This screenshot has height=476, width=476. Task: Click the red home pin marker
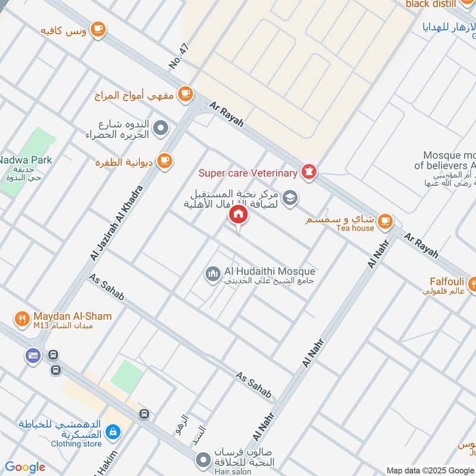[239, 214]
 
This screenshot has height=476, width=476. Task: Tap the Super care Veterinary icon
[309, 173]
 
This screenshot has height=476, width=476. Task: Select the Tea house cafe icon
[386, 221]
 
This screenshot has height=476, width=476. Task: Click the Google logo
[25, 467]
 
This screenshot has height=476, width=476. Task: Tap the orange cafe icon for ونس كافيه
[98, 28]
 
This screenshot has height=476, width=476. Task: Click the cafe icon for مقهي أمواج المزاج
[186, 93]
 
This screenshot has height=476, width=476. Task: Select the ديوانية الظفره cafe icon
[165, 159]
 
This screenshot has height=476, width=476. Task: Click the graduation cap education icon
[290, 198]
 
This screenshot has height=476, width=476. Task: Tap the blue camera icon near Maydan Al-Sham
[32, 356]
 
